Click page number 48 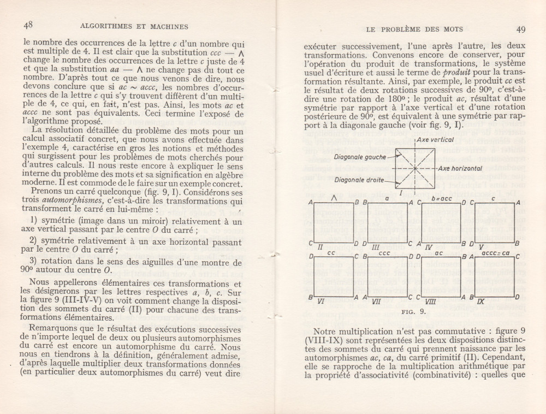point(28,25)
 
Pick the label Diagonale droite point(359,180)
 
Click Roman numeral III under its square point(376,247)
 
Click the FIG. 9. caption point(415,312)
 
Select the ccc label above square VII point(384,253)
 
